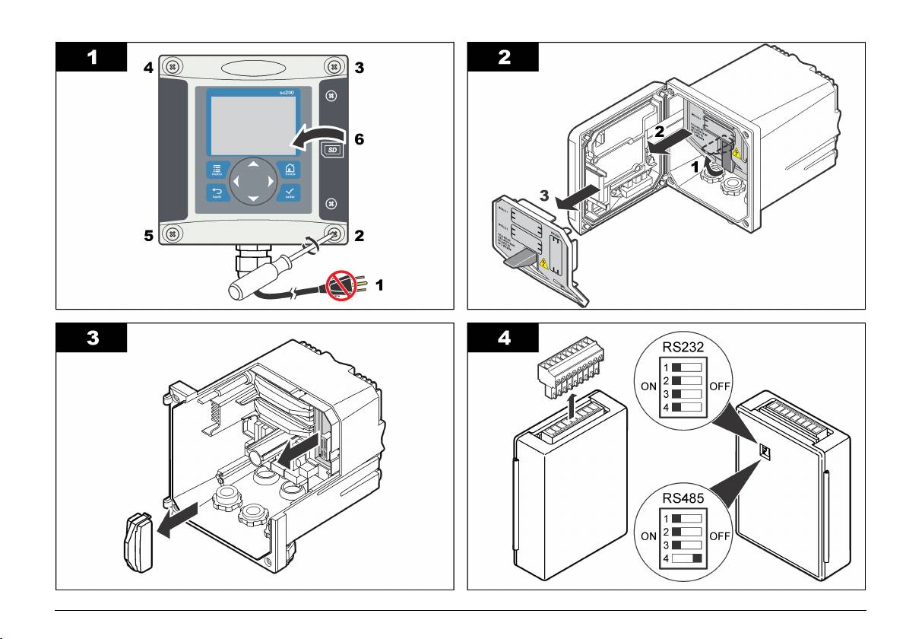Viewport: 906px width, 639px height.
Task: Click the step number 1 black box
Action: coord(90,56)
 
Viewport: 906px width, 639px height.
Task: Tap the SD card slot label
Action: coord(332,149)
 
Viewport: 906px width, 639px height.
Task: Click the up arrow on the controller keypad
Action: coord(255,164)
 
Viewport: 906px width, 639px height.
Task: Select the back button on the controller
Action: coord(217,192)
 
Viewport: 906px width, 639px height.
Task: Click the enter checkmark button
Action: coord(290,192)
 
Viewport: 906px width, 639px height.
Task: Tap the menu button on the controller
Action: coord(217,170)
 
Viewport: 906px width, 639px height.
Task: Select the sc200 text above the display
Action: coord(284,91)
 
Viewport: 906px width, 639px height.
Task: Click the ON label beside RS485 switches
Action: coord(648,536)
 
